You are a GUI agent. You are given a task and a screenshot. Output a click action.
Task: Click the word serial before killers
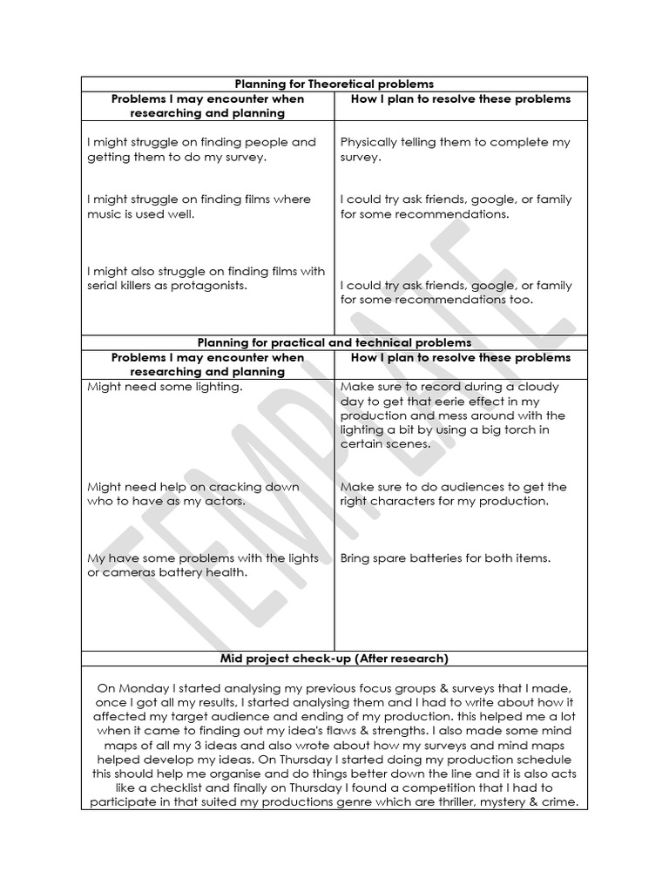[105, 286]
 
